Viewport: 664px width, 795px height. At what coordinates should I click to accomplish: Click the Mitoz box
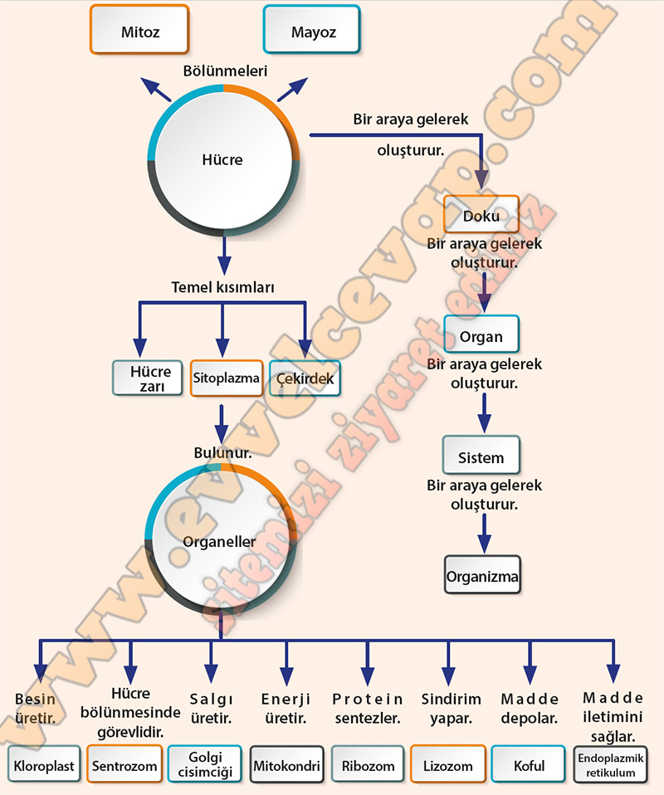coord(139,32)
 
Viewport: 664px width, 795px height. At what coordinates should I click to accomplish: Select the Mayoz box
coord(312,32)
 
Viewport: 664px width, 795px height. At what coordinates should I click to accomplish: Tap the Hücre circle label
coord(222,159)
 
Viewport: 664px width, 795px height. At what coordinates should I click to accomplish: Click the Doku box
coord(481,216)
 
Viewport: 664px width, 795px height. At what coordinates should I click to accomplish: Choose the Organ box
coord(481,337)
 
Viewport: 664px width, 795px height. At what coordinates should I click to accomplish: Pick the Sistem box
coord(481,457)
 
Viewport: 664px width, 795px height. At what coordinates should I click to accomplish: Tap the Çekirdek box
coord(301,378)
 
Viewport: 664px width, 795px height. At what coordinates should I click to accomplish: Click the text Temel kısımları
coord(222,287)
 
